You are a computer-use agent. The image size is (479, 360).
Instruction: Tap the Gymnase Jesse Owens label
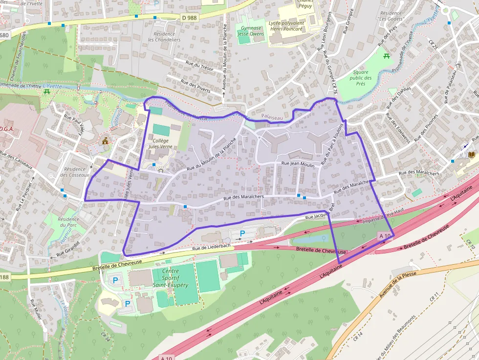(x=251, y=31)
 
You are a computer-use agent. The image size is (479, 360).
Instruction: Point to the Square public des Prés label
(x=361, y=78)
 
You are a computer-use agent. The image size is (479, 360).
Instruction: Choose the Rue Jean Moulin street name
(x=298, y=165)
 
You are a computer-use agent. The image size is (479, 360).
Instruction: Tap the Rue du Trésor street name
(x=200, y=66)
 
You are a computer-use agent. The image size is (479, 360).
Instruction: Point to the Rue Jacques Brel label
(x=319, y=213)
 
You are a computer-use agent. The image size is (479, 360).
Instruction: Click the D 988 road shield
(x=190, y=18)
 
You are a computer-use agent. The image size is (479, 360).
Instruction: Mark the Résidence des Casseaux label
(x=76, y=171)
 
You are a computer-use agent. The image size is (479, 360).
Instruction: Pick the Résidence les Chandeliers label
(x=164, y=37)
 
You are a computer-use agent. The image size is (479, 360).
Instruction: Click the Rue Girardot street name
(x=67, y=250)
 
